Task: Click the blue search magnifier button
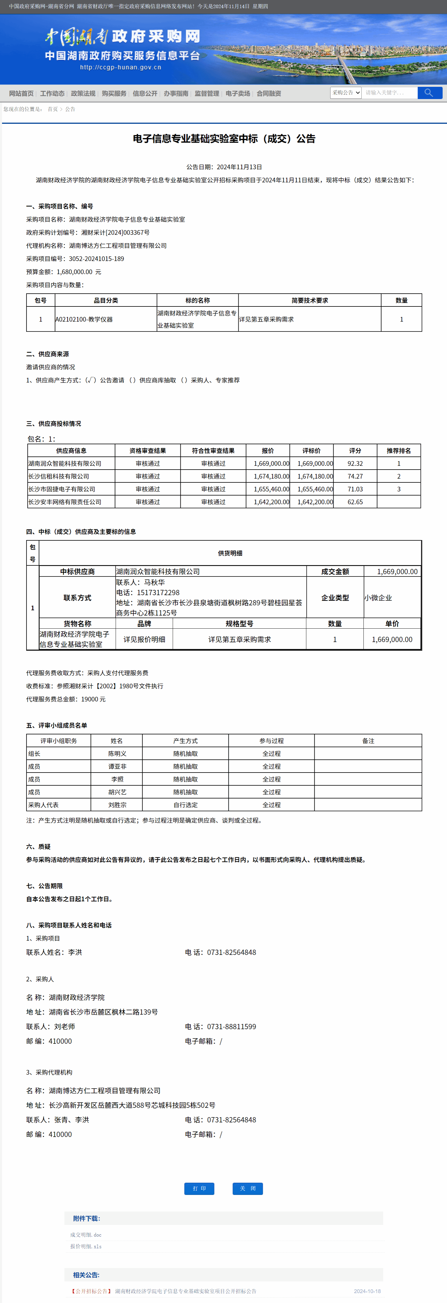[x=429, y=93]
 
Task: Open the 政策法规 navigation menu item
[x=83, y=94]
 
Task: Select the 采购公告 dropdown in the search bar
[x=346, y=93]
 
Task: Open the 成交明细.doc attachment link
[x=86, y=1235]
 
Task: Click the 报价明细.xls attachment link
[x=86, y=1246]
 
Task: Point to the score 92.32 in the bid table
[x=355, y=463]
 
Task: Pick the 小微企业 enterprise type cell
[x=378, y=598]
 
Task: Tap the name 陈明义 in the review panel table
[x=117, y=754]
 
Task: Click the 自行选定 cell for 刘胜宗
[x=185, y=805]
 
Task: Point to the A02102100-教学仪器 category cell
[x=84, y=320]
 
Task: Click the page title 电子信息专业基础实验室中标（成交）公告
[x=224, y=139]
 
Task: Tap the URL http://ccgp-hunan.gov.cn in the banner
[x=120, y=67]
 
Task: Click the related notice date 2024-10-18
[x=367, y=1291]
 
